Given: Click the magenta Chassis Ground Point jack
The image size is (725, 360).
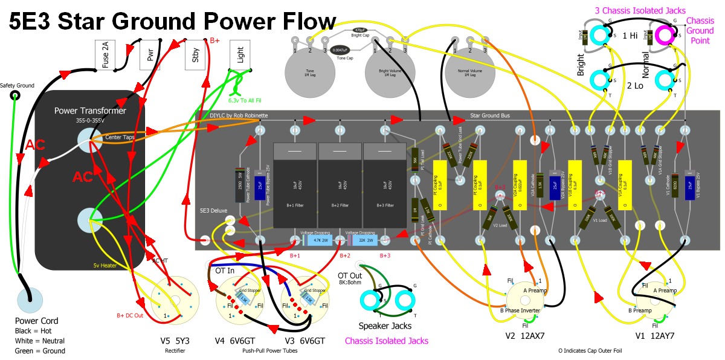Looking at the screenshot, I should click(x=666, y=35).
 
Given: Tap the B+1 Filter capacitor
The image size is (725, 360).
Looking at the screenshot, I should click(x=295, y=185).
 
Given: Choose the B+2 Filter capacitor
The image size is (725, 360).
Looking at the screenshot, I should click(x=340, y=185).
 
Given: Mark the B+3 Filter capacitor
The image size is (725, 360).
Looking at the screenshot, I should click(x=385, y=185).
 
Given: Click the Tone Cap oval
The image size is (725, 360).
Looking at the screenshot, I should click(x=341, y=50).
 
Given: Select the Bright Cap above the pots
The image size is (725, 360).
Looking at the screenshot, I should click(x=360, y=30).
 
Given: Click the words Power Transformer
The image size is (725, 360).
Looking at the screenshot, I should click(x=90, y=111).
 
